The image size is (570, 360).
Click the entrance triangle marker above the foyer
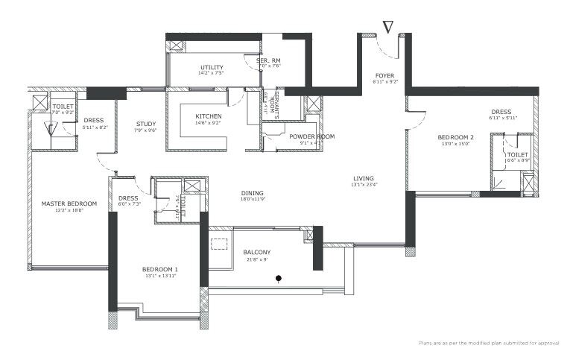(387, 27)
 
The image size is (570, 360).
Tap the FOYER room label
(384, 75)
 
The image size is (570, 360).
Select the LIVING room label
(364, 178)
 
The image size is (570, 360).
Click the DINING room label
(252, 193)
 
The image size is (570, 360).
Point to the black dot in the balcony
(279, 280)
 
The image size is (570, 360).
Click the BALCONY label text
(256, 252)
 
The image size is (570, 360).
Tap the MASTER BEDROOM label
(69, 203)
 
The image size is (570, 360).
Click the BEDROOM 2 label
(456, 137)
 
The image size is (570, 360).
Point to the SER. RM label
(269, 60)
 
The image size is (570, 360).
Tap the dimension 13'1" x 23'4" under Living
(364, 186)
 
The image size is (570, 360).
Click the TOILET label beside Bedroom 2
(517, 154)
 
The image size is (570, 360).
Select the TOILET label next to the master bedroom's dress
(63, 106)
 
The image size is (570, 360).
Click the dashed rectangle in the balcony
(219, 244)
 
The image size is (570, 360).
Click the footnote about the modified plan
(489, 343)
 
